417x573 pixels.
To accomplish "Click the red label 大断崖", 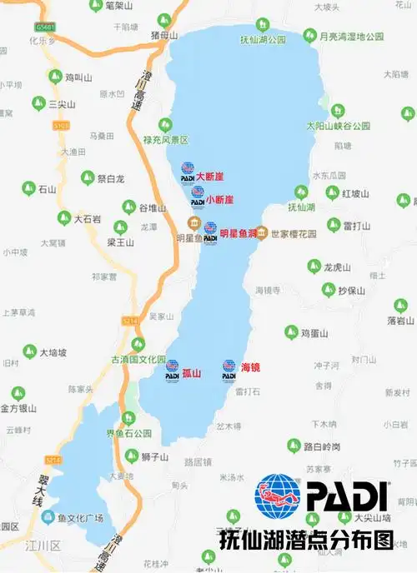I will [210, 177].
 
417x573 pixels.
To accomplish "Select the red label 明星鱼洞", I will [239, 234].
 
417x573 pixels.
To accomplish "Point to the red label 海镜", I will [249, 367].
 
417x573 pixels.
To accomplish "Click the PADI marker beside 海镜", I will [229, 370].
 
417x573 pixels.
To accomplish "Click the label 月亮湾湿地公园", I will [351, 37].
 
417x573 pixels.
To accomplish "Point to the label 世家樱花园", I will [294, 234].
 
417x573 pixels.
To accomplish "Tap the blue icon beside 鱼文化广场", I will [50, 517].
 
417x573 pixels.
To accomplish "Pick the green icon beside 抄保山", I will [329, 290].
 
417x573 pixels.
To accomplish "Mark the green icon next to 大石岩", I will [63, 218].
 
